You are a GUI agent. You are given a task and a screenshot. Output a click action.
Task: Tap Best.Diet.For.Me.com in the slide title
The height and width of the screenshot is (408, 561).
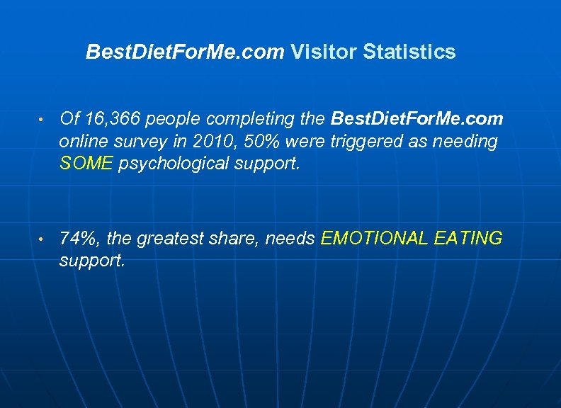(185, 52)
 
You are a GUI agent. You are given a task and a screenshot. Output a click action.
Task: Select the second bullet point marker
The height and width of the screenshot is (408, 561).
(44, 239)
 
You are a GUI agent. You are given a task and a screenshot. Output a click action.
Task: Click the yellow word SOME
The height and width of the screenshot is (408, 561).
(86, 164)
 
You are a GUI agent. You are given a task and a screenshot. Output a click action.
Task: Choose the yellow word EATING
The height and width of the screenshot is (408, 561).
(470, 239)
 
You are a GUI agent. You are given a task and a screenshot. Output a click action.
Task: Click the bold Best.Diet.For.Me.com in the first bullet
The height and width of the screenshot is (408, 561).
(417, 118)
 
